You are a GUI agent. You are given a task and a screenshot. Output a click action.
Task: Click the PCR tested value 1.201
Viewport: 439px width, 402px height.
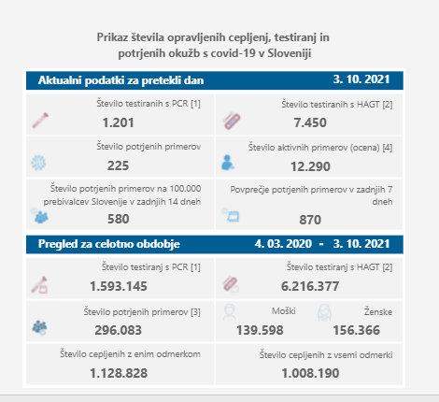(x=119, y=122)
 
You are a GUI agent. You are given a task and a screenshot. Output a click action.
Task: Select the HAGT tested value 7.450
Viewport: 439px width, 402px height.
(x=310, y=122)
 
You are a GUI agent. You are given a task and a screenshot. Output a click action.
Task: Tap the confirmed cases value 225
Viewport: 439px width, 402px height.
(x=118, y=165)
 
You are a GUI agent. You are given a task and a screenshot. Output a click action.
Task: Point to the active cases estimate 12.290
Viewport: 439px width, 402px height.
(x=310, y=166)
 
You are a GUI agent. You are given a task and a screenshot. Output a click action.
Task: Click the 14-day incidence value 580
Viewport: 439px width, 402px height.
(x=119, y=219)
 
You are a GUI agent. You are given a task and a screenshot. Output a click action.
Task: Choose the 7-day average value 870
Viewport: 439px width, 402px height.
(x=310, y=220)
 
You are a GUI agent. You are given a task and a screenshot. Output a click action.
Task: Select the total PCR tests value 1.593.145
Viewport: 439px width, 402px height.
(x=119, y=286)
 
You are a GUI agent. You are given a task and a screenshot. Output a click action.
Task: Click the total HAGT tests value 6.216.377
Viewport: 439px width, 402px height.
(x=310, y=286)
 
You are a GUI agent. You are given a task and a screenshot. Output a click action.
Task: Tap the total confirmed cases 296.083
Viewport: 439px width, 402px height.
(x=118, y=330)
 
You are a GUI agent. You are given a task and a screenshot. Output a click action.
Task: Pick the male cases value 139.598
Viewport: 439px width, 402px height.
(x=260, y=330)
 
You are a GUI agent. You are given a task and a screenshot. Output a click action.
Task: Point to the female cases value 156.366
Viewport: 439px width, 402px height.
(x=357, y=330)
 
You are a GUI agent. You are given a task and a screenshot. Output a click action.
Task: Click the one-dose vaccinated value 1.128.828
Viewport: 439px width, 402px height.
(x=119, y=373)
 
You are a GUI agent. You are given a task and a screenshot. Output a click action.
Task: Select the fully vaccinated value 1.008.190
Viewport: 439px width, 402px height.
(x=310, y=373)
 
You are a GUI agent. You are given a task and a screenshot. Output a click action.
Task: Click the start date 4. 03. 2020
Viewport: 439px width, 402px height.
(x=283, y=244)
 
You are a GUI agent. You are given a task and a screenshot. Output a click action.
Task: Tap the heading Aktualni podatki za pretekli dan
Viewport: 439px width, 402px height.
(x=120, y=80)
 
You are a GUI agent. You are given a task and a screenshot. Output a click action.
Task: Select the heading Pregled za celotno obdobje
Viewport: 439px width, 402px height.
(x=109, y=244)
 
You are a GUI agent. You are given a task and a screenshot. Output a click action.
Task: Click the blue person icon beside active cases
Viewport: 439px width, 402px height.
(x=227, y=163)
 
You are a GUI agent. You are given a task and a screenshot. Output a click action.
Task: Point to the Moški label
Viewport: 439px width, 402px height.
(x=284, y=310)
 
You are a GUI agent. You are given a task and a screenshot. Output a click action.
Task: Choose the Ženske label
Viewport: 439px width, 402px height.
(x=378, y=311)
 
